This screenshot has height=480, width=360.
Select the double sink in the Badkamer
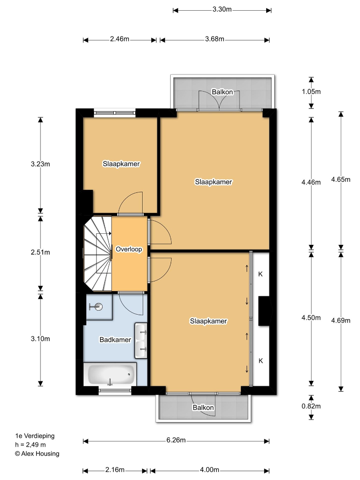click(141, 340)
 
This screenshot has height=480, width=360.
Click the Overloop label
click(129, 249)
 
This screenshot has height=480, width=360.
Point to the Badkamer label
click(115, 340)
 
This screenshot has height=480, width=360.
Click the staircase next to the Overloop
click(98, 253)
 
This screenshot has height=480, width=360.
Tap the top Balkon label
click(222, 92)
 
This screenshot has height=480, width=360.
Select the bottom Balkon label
click(203, 408)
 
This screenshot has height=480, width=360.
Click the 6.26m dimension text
click(176, 440)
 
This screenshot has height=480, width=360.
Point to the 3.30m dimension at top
click(222, 9)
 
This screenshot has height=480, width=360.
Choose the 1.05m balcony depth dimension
click(311, 92)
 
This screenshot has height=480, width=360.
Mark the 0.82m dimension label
click(311, 406)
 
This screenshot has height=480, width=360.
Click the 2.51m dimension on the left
click(40, 252)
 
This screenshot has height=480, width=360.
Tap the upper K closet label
click(260, 274)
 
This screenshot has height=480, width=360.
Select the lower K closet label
click(261, 361)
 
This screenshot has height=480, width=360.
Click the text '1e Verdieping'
click(35, 436)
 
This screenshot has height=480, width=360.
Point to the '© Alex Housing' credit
click(37, 454)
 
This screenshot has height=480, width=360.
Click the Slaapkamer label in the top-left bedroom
click(121, 164)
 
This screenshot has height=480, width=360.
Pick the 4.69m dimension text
click(341, 320)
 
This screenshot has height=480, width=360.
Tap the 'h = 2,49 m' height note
click(31, 445)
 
